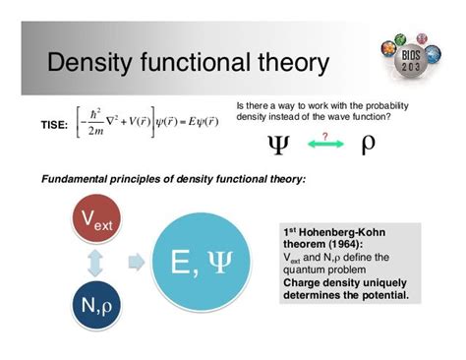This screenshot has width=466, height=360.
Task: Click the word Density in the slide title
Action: coord(91,64)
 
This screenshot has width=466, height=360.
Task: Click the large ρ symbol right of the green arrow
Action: coord(369,145)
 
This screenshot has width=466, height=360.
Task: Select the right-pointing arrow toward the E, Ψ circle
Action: coord(141,264)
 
